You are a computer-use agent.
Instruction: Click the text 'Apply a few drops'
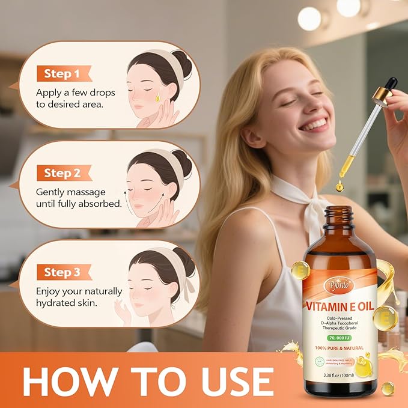click(x=76, y=93)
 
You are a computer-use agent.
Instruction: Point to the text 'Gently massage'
click(x=70, y=192)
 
